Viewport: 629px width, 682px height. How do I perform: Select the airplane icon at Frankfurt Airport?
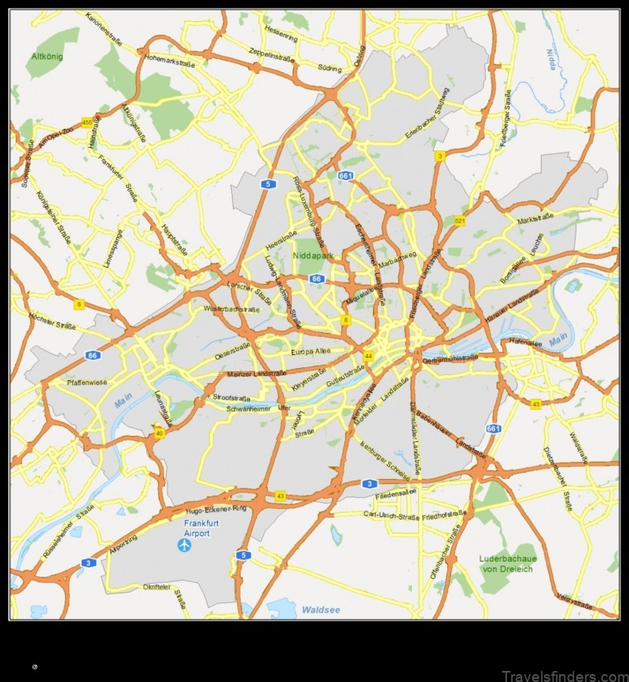184,544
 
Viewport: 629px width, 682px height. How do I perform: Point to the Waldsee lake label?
320,609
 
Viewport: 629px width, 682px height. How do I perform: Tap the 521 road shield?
459,221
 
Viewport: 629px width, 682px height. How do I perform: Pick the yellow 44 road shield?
368,356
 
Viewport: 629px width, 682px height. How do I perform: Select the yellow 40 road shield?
159,433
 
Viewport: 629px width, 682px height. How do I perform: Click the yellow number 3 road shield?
440,157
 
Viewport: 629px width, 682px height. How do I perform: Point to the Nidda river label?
552,57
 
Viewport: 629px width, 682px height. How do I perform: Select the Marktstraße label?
535,221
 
